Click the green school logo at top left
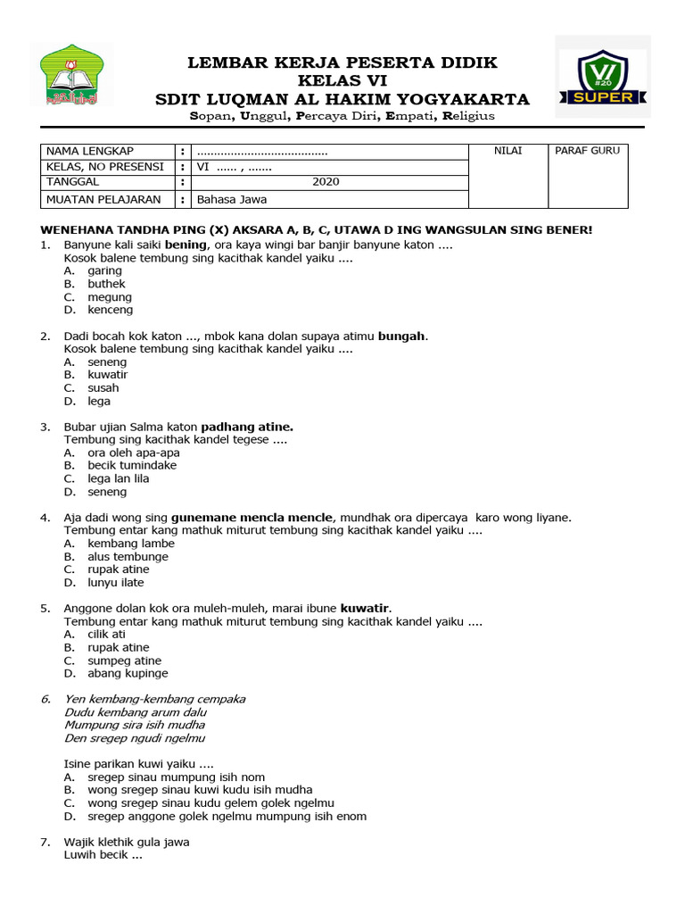coord(76,76)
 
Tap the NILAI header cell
coord(508,151)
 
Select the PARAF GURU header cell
coord(587,151)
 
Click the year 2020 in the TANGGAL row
coord(326,182)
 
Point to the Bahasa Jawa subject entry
coord(232,199)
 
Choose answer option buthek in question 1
coord(106,284)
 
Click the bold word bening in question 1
coord(186,245)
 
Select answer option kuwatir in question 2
coord(107,375)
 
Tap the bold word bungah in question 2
coord(402,337)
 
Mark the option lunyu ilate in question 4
coord(115,582)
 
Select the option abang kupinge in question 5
coord(128,673)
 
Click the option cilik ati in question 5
coord(106,634)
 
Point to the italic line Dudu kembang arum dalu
coord(136,712)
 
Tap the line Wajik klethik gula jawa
coord(126,842)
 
